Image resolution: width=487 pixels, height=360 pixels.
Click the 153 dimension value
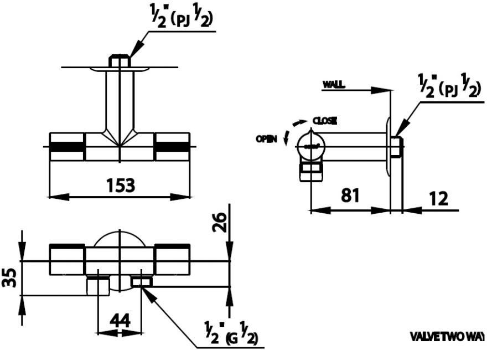point(120,185)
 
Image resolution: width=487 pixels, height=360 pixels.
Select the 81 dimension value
point(350,196)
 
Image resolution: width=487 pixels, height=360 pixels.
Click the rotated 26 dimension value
point(220,224)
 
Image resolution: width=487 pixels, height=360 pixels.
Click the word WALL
point(334,84)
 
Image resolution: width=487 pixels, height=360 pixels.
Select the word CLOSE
point(325,120)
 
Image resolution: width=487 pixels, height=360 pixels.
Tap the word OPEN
point(267,140)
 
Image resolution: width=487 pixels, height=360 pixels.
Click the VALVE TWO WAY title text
point(448,336)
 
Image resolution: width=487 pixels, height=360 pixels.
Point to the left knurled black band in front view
point(67,147)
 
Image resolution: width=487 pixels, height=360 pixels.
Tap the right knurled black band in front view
point(172,147)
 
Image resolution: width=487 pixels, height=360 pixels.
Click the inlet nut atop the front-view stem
point(120,61)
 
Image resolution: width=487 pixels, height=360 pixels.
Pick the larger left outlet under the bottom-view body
point(98,286)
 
